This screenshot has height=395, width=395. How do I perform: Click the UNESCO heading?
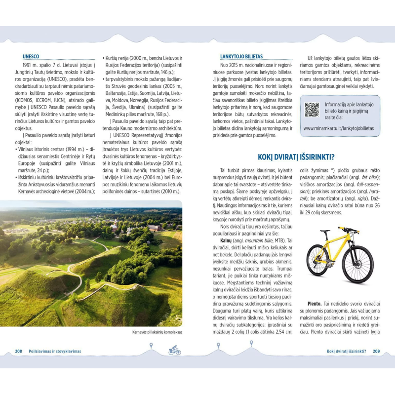coord(31,56)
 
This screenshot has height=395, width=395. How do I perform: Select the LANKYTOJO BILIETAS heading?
coord(241,56)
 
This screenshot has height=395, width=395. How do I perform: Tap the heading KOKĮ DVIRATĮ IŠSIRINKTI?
coord(296,157)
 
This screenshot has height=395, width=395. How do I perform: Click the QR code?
coord(312,109)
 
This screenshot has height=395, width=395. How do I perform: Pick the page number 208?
coord(19,351)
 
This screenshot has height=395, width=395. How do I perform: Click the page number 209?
coord(376,351)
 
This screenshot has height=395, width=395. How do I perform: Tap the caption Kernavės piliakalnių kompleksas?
coord(157,332)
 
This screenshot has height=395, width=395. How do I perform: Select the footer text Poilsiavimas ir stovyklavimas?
coord(55,351)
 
